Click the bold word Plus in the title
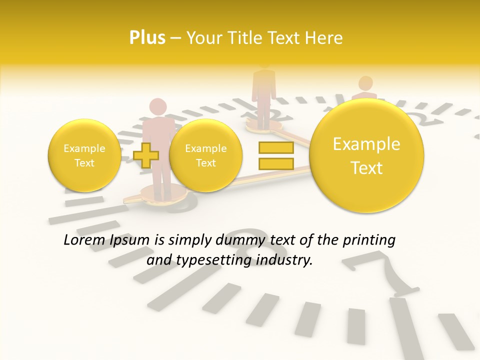pos(147,38)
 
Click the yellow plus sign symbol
pos(146,154)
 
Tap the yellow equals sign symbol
pos(275,155)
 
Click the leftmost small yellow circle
pos(84,155)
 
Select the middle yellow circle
pos(205,155)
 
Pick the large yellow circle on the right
pos(366,155)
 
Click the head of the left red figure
pos(158,107)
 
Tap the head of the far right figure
pos(365,83)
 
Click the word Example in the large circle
pos(366,144)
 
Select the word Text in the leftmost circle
pos(84,163)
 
